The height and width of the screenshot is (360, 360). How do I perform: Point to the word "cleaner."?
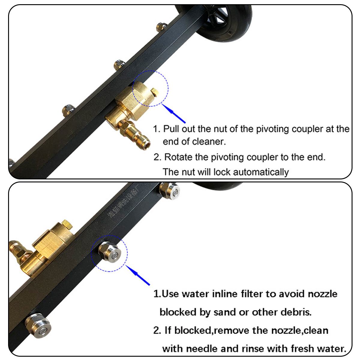tap(209, 142)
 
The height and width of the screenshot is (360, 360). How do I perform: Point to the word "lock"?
tap(222, 172)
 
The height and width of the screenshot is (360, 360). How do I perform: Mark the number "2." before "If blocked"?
tap(157, 331)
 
